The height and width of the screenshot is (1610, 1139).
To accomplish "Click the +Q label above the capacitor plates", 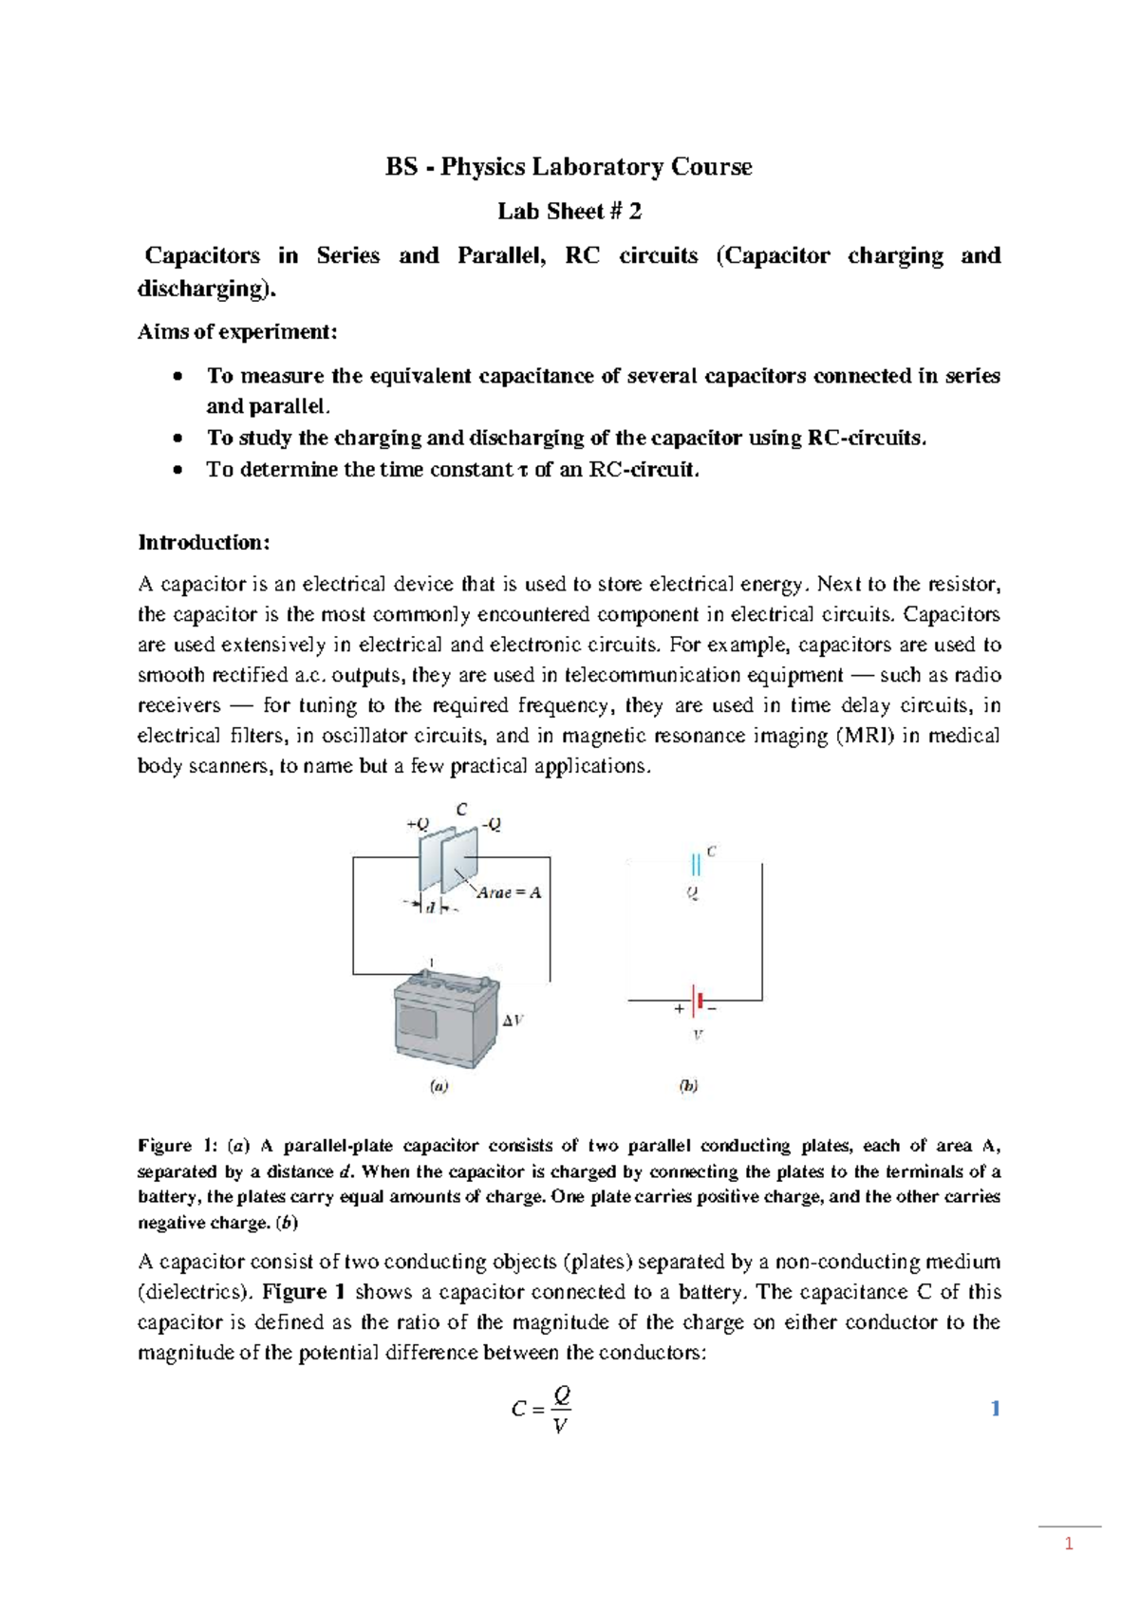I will [x=418, y=824].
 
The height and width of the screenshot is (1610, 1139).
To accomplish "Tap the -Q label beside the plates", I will [x=491, y=824].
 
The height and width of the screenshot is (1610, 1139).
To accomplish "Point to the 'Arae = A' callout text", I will [x=509, y=892].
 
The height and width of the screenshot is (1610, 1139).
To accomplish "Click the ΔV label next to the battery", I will [x=513, y=1020].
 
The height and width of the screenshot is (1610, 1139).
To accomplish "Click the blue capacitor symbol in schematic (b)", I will [x=696, y=864].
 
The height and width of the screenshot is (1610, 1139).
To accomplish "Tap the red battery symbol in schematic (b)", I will [x=699, y=1001].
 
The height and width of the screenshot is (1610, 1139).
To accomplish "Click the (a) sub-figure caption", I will [x=439, y=1086].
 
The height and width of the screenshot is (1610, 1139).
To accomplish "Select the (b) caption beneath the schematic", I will [x=688, y=1086].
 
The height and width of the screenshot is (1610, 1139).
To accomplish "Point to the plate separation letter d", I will [x=430, y=908].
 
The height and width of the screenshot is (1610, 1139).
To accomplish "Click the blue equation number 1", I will [x=995, y=1408].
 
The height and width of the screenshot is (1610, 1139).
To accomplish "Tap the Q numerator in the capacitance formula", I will [x=562, y=1395].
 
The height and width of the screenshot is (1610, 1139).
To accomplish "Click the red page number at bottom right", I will [x=1069, y=1544].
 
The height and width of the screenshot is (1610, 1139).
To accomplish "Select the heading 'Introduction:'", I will [x=204, y=542].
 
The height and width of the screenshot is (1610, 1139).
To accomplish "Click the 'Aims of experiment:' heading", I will [x=237, y=331].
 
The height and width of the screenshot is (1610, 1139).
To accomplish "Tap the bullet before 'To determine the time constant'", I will [x=177, y=469].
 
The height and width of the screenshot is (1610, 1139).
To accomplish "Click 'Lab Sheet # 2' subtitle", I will [x=569, y=211].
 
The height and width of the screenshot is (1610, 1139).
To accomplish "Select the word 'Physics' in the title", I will [x=482, y=167].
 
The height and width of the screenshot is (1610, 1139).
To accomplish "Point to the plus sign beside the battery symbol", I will [x=679, y=1009].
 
